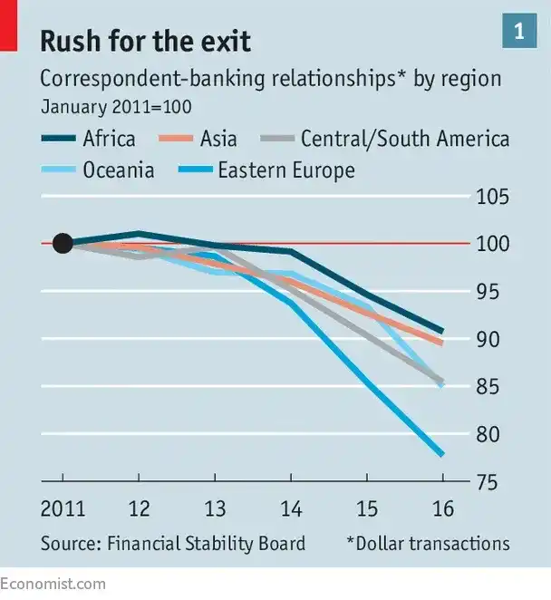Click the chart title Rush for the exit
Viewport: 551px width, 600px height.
[x=145, y=41]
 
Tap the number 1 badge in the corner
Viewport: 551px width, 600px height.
[x=519, y=31]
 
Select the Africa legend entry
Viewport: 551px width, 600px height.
[x=88, y=139]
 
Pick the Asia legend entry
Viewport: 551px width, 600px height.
[x=198, y=139]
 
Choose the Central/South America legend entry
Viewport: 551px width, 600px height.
[x=384, y=139]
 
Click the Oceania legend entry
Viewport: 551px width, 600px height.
[x=98, y=169]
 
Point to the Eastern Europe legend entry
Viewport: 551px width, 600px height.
[x=266, y=169]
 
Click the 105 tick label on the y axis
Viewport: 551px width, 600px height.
[x=493, y=197]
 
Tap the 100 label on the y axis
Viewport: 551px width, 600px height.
[x=493, y=244]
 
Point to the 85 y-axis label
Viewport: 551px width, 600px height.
[x=488, y=386]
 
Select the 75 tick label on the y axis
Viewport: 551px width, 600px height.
[x=488, y=482]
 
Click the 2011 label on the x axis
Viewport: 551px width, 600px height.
[x=63, y=509]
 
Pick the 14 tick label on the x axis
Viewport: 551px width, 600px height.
[x=291, y=509]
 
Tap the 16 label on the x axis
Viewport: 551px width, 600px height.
[x=443, y=509]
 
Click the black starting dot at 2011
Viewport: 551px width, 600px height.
[x=63, y=244]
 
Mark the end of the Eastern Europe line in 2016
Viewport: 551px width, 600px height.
[x=442, y=454]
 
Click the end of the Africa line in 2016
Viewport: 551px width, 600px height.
[x=442, y=331]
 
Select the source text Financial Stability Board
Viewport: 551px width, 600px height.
[x=206, y=544]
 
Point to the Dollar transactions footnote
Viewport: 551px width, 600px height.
[x=428, y=544]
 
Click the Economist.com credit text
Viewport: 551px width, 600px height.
[x=53, y=584]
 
